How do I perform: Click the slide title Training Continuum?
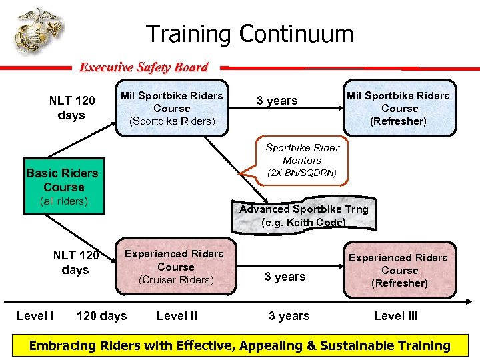pos(249,33)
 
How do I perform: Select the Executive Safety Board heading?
pos(143,67)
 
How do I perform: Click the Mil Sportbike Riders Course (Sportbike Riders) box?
pos(172,108)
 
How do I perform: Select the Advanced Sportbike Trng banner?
pos(303,215)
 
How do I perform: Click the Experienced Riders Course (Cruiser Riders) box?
pos(175,267)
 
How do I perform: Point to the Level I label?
pos(35,316)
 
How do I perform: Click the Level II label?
pos(177,316)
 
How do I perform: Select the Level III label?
pos(396,316)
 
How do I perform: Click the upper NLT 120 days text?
pos(71,108)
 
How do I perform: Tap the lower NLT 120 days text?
pos(75,263)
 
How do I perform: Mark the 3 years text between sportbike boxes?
pos(277,101)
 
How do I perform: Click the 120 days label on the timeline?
pos(102,316)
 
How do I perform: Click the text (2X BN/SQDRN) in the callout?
pos(302,173)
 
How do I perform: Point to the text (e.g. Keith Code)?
pos(303,223)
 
